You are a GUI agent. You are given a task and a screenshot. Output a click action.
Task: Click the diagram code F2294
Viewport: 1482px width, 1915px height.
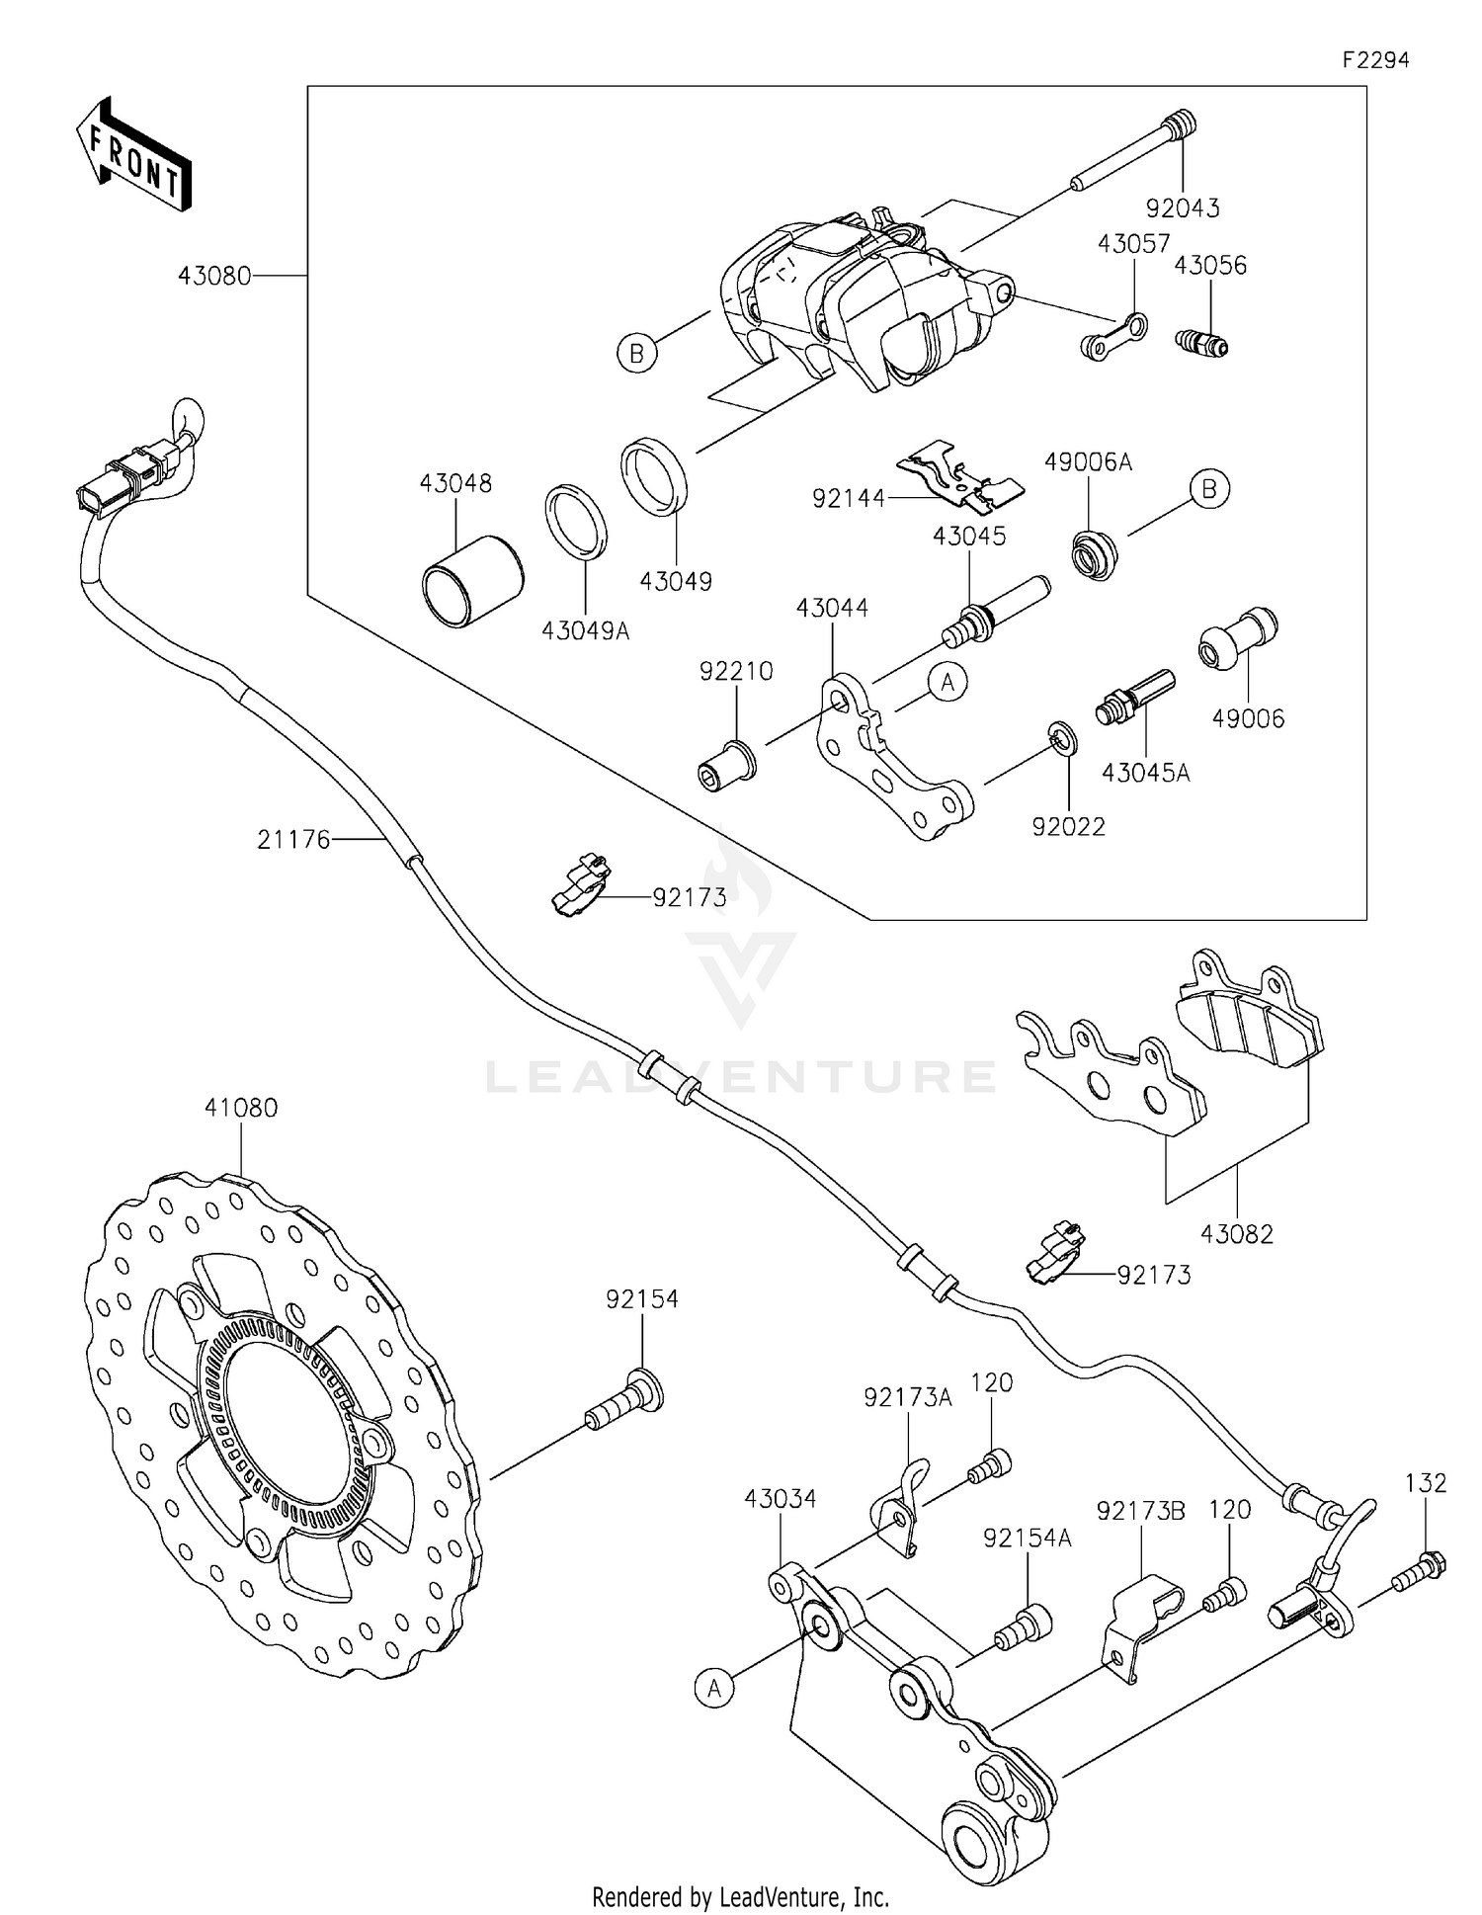[1374, 60]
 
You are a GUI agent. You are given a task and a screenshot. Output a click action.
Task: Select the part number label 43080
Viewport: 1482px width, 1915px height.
[214, 276]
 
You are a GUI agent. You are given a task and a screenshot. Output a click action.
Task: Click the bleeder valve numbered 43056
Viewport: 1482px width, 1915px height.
[1201, 343]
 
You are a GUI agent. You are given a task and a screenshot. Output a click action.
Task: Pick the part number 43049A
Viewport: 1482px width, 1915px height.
[584, 629]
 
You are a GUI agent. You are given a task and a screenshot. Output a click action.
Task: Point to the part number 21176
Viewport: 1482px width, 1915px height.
[293, 840]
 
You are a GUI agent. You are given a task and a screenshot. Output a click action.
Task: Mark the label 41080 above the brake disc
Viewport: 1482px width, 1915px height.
[241, 1108]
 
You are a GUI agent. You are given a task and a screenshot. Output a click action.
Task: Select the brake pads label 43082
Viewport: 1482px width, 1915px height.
[1237, 1234]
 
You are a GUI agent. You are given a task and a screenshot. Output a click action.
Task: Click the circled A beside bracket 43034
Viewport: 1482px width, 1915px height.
[714, 1689]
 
